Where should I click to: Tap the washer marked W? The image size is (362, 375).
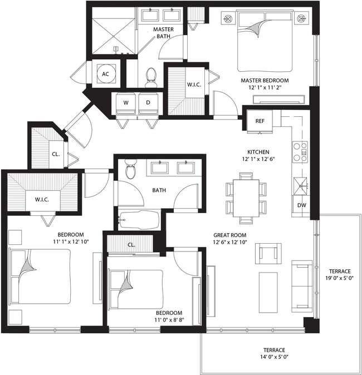click(x=125, y=103)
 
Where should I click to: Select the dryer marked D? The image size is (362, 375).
click(x=148, y=103)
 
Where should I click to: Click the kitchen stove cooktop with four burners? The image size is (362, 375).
click(x=300, y=151)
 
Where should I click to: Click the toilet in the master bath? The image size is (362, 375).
click(x=150, y=78)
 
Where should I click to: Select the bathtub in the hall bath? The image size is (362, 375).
click(x=139, y=220)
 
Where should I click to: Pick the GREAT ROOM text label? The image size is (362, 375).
click(x=229, y=235)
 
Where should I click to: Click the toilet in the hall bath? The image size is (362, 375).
click(x=130, y=169)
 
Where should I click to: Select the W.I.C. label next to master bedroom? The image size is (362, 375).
click(x=194, y=85)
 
